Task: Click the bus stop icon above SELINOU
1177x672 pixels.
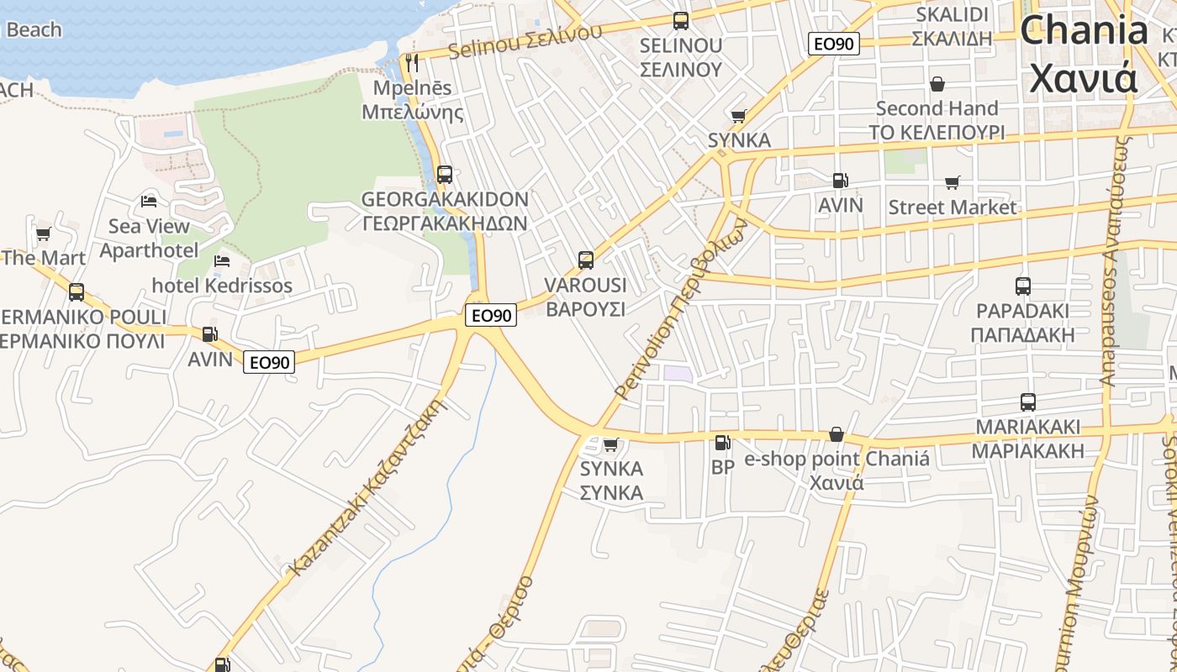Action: click(681, 21)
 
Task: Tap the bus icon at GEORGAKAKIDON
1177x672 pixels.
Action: click(445, 175)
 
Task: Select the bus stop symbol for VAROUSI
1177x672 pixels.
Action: click(586, 260)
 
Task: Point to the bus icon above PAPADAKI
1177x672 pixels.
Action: click(1023, 286)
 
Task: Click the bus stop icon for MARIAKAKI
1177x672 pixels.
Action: click(1027, 402)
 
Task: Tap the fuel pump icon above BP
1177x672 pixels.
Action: click(722, 443)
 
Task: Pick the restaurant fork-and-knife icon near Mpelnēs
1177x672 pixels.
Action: click(412, 63)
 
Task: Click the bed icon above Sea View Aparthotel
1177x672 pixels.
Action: click(150, 202)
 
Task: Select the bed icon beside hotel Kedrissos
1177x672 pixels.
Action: click(222, 261)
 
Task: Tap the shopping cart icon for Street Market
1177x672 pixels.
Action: click(953, 182)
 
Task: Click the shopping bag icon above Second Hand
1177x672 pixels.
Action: click(937, 84)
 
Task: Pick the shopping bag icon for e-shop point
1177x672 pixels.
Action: click(837, 434)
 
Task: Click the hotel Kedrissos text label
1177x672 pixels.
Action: click(222, 286)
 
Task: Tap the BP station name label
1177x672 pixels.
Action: click(723, 467)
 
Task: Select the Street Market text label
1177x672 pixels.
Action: click(953, 207)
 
